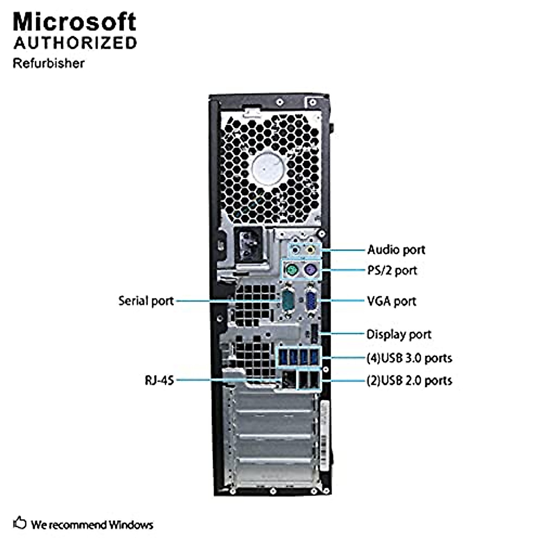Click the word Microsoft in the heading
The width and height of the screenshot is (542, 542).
tap(75, 22)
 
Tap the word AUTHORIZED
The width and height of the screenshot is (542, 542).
tap(75, 43)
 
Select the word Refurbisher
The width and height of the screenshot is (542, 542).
tap(48, 63)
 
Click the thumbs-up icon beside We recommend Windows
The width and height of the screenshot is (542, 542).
tap(20, 523)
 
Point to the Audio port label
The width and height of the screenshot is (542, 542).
tap(396, 250)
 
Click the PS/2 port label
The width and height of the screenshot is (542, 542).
tap(392, 271)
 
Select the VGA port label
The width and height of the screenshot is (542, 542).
tap(391, 301)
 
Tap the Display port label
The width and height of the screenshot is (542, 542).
tap(398, 334)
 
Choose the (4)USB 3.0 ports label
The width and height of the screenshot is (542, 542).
tap(409, 358)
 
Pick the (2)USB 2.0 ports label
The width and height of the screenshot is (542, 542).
tap(409, 380)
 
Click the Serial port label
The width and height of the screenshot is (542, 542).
tap(146, 301)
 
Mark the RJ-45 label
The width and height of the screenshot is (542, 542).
tap(159, 380)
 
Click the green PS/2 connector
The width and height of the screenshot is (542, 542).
tap(291, 271)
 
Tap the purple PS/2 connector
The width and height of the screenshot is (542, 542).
tap(310, 271)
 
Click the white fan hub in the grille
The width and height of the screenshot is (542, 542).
tap(270, 168)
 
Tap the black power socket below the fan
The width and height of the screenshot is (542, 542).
tap(248, 245)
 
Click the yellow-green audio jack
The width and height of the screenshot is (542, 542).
tap(310, 249)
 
